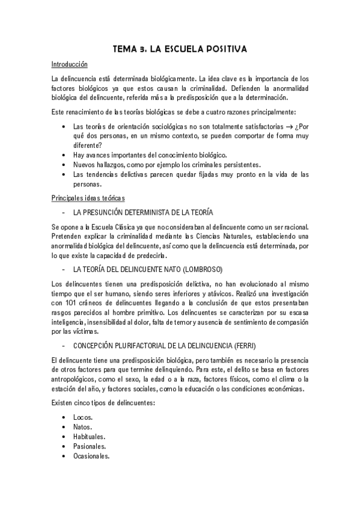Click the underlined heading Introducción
click(x=70, y=64)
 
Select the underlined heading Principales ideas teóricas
click(x=88, y=198)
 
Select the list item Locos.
click(x=83, y=417)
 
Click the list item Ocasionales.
click(x=91, y=456)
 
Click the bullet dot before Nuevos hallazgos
click(x=64, y=165)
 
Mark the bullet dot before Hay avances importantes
click(x=64, y=155)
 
